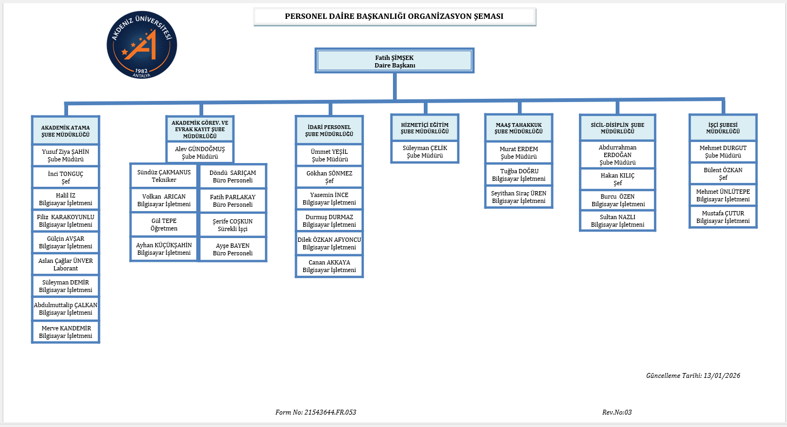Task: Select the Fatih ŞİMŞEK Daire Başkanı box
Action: click(x=395, y=61)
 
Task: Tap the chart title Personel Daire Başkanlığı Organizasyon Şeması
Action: click(x=395, y=17)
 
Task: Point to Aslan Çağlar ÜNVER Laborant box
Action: click(x=66, y=265)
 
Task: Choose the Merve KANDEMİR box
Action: click(x=66, y=331)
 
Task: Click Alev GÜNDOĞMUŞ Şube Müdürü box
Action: click(x=200, y=152)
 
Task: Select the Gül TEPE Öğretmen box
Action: click(x=164, y=225)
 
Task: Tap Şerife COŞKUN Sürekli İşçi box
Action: click(x=233, y=225)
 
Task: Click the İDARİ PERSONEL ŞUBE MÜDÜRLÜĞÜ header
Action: click(x=329, y=130)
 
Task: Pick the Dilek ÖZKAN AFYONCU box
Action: click(x=329, y=243)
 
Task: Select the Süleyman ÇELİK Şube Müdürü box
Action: click(x=425, y=151)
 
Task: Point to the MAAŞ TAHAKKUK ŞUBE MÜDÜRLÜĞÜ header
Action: click(x=519, y=128)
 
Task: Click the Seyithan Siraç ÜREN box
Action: click(x=519, y=197)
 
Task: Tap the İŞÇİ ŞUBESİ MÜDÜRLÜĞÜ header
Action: click(x=723, y=127)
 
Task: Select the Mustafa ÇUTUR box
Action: click(x=723, y=217)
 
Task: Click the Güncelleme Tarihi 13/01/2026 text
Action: click(x=693, y=376)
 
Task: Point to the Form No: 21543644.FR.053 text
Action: click(x=316, y=412)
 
